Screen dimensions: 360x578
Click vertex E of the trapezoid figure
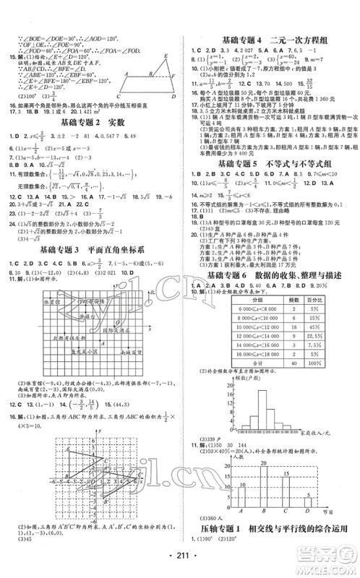[165, 56]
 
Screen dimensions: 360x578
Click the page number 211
[179, 566]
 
